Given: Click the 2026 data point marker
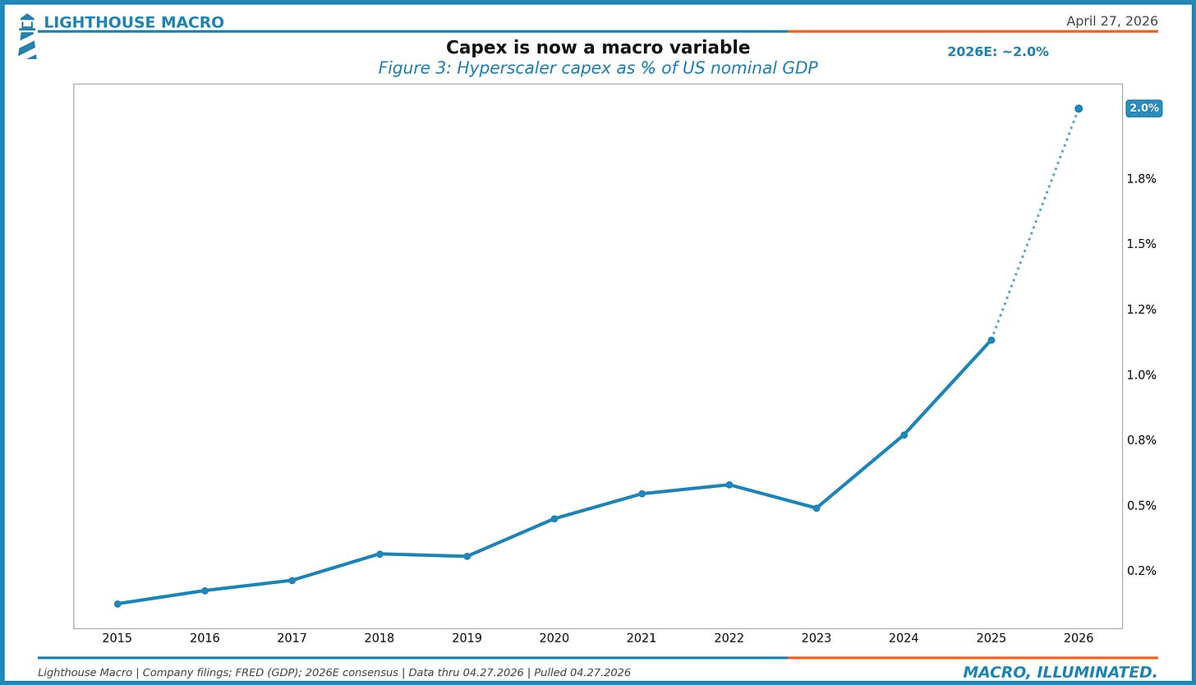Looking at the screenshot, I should pyautogui.click(x=1079, y=108).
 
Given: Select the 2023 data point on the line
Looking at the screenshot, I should pyautogui.click(x=816, y=508).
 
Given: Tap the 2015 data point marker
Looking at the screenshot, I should pyautogui.click(x=117, y=604).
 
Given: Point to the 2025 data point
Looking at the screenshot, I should pyautogui.click(x=991, y=340).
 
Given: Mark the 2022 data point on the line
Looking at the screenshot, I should pyautogui.click(x=729, y=485).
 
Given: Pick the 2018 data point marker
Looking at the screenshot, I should pyautogui.click(x=379, y=554).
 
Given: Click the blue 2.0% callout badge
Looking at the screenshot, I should pyautogui.click(x=1143, y=108).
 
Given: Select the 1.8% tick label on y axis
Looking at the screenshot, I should pyautogui.click(x=1142, y=179).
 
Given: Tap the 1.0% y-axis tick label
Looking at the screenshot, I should pyautogui.click(x=1142, y=375).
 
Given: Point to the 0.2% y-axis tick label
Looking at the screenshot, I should pyautogui.click(x=1142, y=571).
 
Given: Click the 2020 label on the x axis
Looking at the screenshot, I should pyautogui.click(x=554, y=638).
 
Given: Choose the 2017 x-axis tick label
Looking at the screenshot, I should pyautogui.click(x=292, y=638).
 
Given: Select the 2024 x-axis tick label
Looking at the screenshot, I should pyautogui.click(x=904, y=638).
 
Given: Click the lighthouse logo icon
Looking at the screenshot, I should pyautogui.click(x=27, y=36).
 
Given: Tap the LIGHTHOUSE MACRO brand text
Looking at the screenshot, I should pyautogui.click(x=134, y=22).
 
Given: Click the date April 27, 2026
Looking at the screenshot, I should pyautogui.click(x=1111, y=21).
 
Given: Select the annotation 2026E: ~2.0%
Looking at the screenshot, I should pyautogui.click(x=997, y=52).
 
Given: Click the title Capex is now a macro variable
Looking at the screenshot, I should pyautogui.click(x=597, y=48).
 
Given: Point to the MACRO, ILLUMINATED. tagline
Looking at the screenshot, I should pyautogui.click(x=1060, y=673).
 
